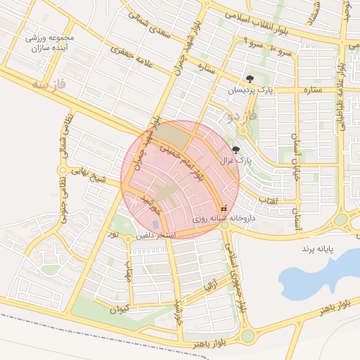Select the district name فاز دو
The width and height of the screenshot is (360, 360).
[x=239, y=114]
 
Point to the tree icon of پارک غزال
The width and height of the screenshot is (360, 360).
[x=236, y=150]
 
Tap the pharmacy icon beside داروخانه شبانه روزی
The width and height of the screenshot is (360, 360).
[x=224, y=208]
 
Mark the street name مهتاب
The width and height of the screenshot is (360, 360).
[x=129, y=267]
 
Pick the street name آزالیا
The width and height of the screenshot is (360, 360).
[x=212, y=285]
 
